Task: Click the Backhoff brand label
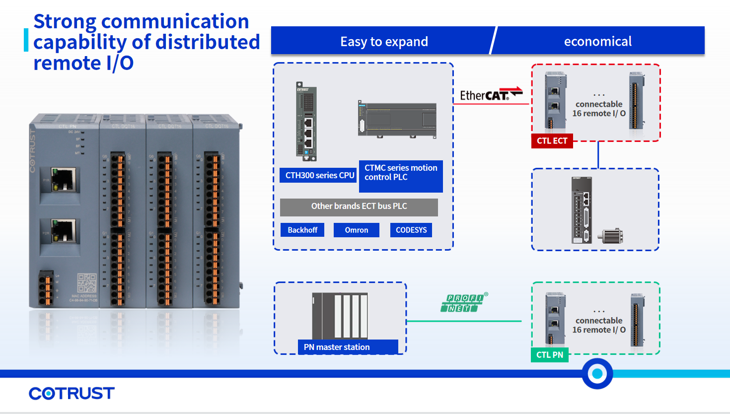point(302,230)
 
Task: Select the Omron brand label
point(356,230)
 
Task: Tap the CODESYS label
point(411,230)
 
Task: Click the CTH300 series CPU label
point(319,175)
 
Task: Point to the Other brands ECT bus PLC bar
point(359,207)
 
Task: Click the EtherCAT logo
point(491,94)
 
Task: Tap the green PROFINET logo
point(463,303)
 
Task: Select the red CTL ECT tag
point(552,141)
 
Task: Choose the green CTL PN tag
point(550,355)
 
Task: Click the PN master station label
point(348,347)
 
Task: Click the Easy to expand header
point(384,41)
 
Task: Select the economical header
point(597,41)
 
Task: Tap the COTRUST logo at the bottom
point(72,394)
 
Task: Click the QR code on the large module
point(86,283)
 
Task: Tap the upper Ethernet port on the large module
point(63,180)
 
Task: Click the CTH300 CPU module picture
point(306,122)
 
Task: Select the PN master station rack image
point(340,316)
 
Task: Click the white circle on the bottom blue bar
point(597,374)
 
